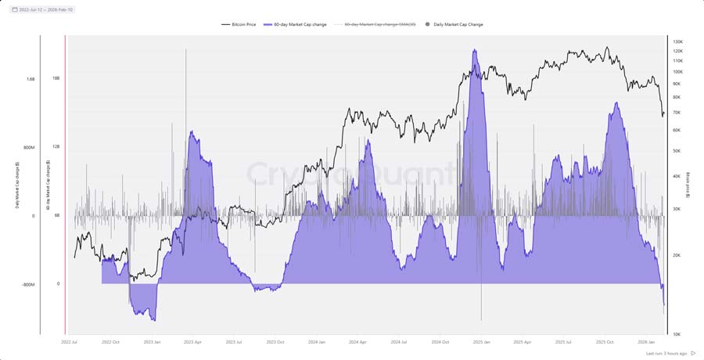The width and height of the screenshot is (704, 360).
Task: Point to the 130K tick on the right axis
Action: [x=678, y=41]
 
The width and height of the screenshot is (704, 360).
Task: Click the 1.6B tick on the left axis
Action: [x=31, y=78]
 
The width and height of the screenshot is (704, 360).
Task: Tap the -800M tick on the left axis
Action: [x=29, y=285]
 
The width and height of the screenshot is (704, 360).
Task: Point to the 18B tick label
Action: [x=56, y=78]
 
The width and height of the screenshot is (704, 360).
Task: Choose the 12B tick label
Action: [x=56, y=147]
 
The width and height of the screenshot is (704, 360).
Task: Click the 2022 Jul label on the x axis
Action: [x=70, y=342]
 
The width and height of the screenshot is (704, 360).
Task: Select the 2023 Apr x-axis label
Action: [x=192, y=342]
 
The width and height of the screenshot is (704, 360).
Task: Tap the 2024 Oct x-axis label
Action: [x=440, y=342]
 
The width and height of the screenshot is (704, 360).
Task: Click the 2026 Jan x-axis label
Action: [x=646, y=342]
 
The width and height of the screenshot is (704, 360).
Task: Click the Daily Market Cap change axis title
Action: [x=17, y=186]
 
